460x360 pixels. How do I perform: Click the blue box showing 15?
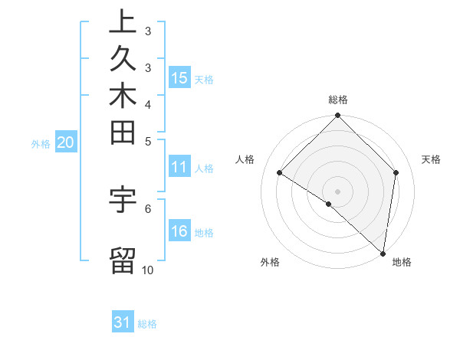point(179,77)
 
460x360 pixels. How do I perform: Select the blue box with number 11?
point(179,168)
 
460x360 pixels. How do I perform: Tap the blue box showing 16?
point(179,232)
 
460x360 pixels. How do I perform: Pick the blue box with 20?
point(65,142)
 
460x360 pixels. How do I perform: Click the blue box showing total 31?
point(123,322)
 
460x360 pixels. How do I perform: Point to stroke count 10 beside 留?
point(147,270)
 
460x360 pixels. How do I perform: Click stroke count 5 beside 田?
point(147,141)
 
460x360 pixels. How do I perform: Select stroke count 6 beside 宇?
point(147,208)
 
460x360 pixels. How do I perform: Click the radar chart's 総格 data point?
point(337,116)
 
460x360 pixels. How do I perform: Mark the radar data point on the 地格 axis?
point(383,253)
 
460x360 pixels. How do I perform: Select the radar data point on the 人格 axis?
point(280,173)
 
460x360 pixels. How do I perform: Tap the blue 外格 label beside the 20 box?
point(41,142)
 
